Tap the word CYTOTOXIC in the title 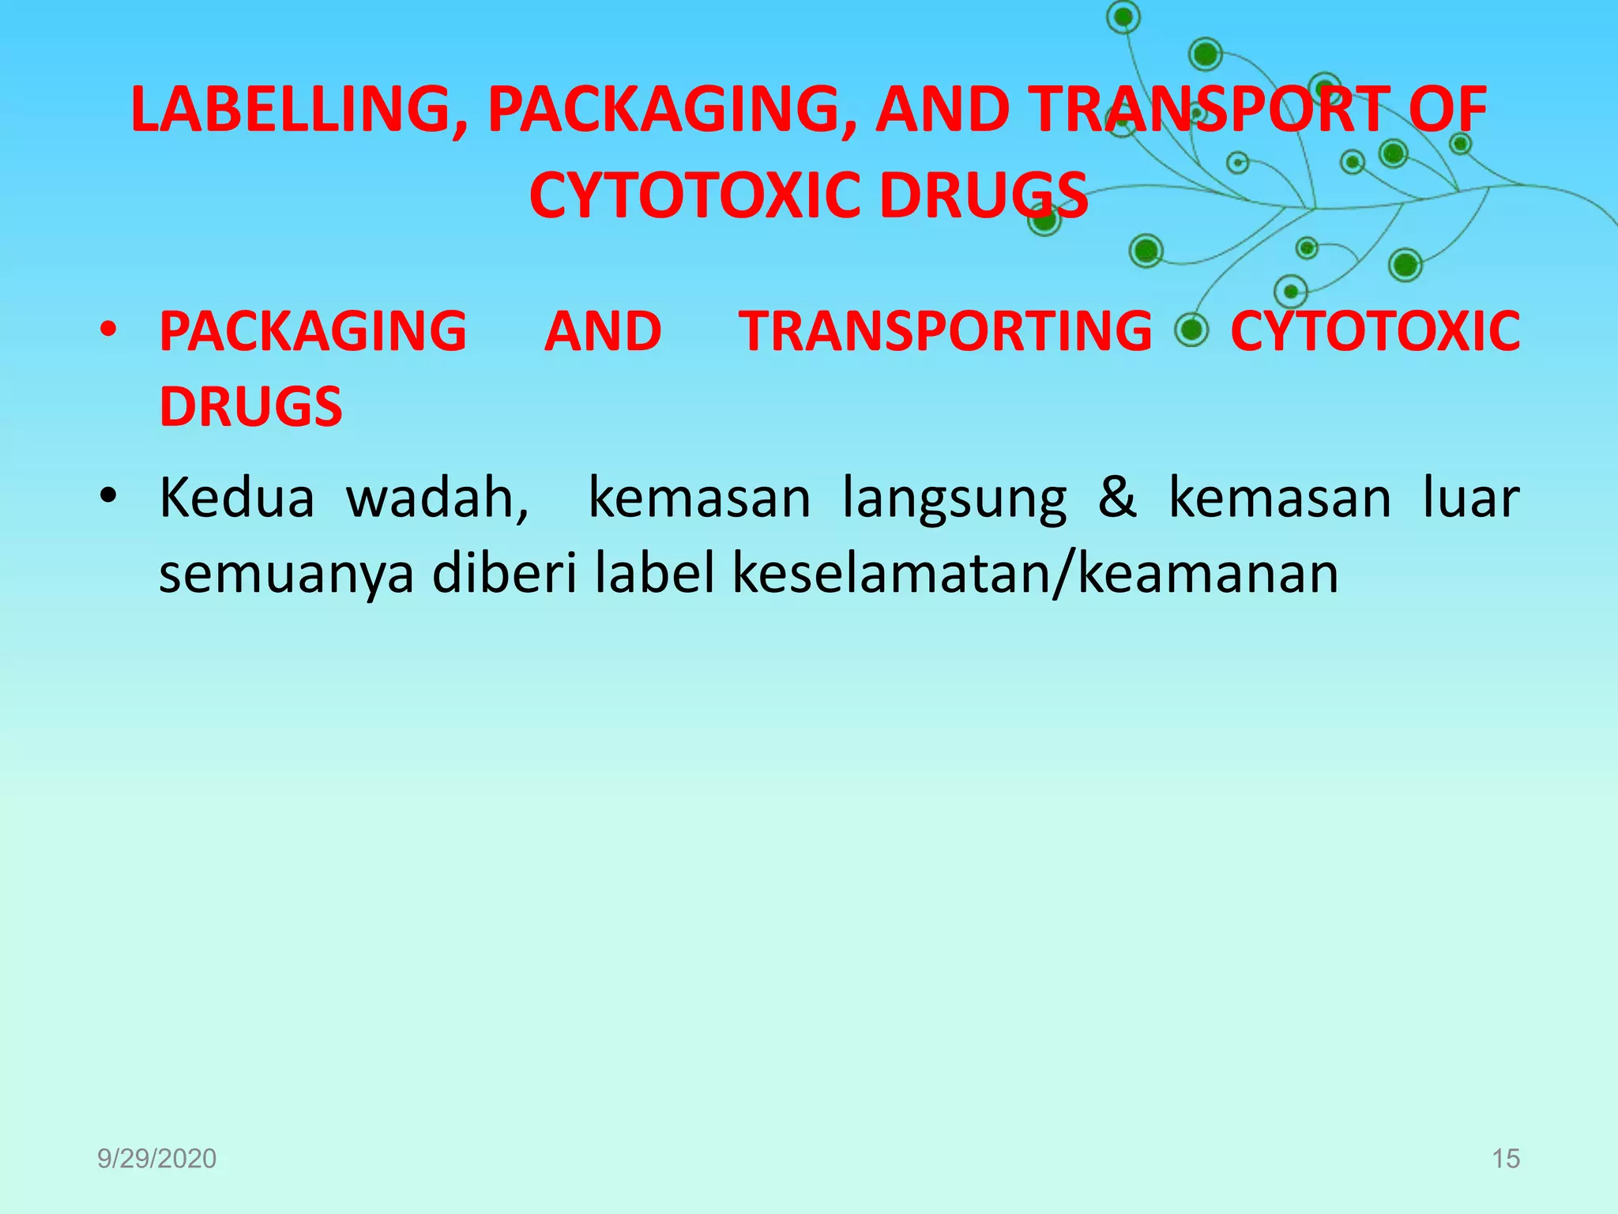pyautogui.click(x=694, y=196)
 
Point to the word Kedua pyautogui.click(x=237, y=498)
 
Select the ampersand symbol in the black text pyautogui.click(x=1117, y=498)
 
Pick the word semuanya pyautogui.click(x=286, y=575)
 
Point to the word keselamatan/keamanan pyautogui.click(x=1036, y=573)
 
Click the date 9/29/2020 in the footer pyautogui.click(x=156, y=1159)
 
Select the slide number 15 pyautogui.click(x=1506, y=1159)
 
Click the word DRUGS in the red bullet pyautogui.click(x=250, y=407)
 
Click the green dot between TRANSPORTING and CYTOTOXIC pyautogui.click(x=1191, y=330)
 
